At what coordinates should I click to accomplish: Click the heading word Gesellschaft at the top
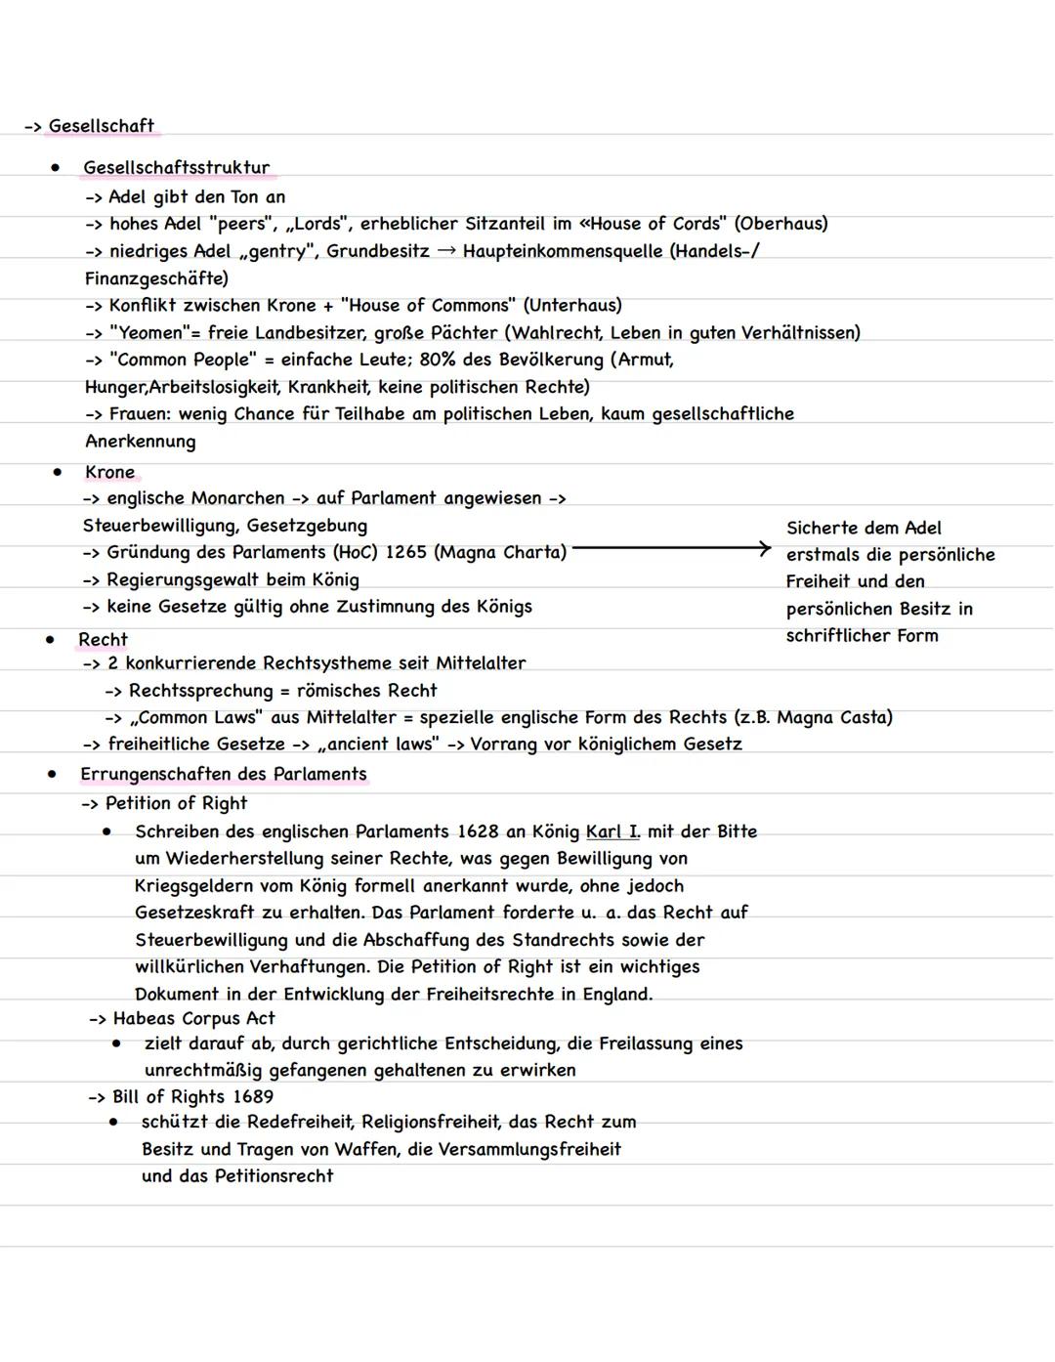pyautogui.click(x=101, y=126)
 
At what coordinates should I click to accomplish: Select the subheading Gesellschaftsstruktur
pyautogui.click(x=176, y=168)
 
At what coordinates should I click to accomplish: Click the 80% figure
pyautogui.click(x=438, y=360)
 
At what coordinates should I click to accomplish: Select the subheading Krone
pyautogui.click(x=109, y=472)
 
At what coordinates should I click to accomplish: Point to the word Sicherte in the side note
pyautogui.click(x=822, y=529)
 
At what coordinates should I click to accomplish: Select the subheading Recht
pyautogui.click(x=103, y=640)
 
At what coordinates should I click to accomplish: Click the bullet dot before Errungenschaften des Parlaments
pyautogui.click(x=51, y=774)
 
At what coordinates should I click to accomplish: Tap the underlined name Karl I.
pyautogui.click(x=612, y=832)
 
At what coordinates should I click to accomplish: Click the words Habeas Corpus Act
pyautogui.click(x=193, y=1018)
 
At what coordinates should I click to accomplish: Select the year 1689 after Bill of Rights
pyautogui.click(x=253, y=1097)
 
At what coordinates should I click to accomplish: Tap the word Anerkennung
pyautogui.click(x=140, y=442)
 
